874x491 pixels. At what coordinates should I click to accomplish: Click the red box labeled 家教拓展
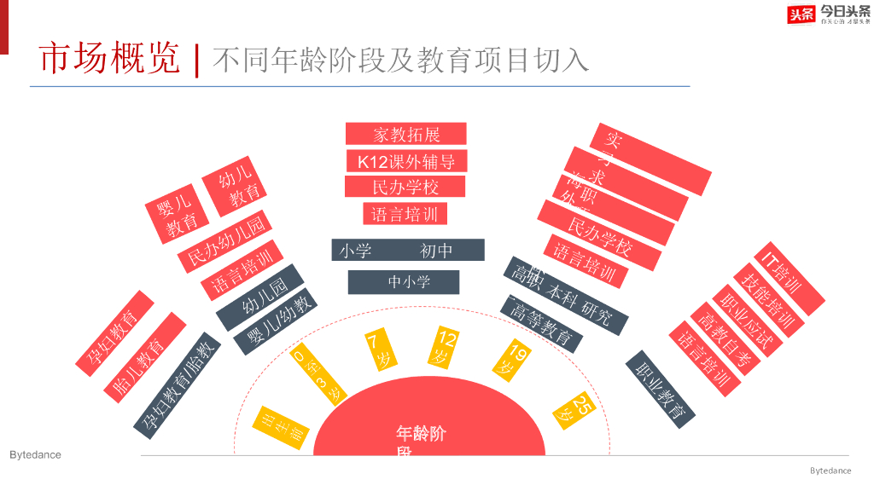(x=405, y=134)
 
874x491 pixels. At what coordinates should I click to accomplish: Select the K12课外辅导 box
(x=406, y=161)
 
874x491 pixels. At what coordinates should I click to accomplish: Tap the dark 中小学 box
(x=404, y=282)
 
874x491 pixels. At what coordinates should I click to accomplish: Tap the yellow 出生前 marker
(x=281, y=423)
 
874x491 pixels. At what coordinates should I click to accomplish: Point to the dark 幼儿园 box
(x=260, y=297)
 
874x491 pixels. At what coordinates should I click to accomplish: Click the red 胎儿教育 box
(x=144, y=357)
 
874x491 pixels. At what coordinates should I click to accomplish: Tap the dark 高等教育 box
(x=542, y=322)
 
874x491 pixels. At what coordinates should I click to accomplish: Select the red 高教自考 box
(x=725, y=339)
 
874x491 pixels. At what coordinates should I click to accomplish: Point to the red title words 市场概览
(x=110, y=59)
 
